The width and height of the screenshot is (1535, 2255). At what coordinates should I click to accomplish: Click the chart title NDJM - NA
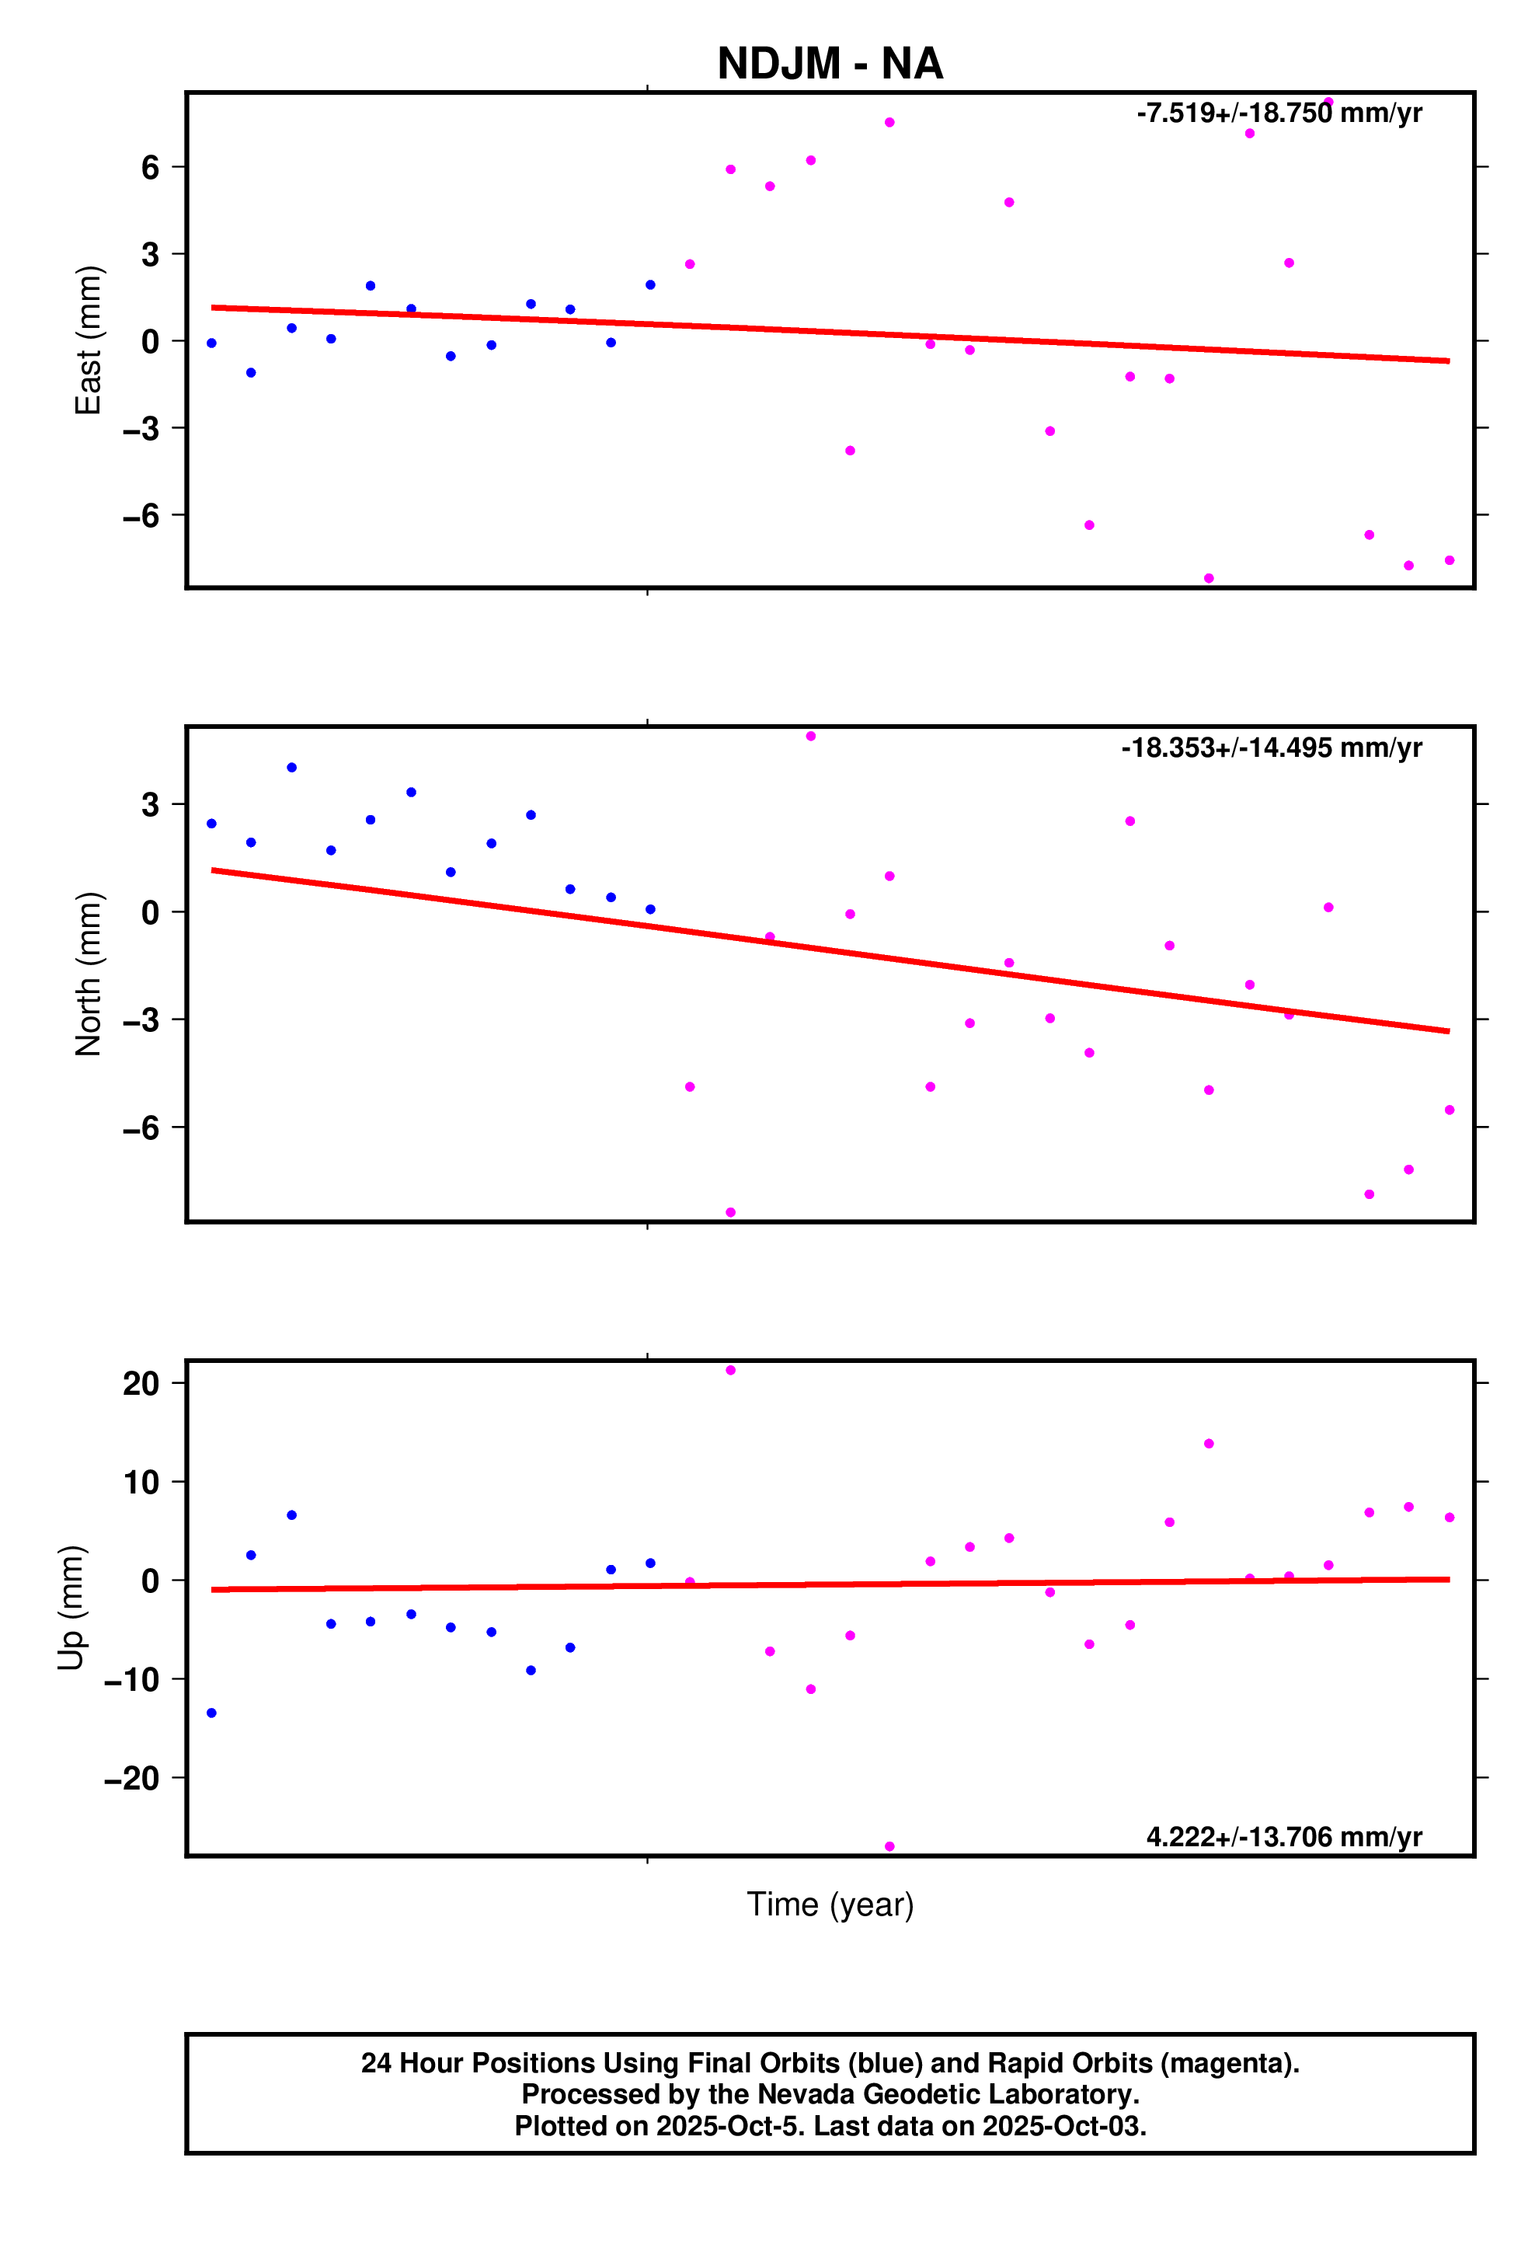830,64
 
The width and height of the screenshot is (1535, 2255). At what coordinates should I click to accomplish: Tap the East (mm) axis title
89,340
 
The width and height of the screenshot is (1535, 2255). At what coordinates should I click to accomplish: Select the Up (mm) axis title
71,1607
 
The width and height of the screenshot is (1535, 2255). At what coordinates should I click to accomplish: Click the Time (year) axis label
830,1905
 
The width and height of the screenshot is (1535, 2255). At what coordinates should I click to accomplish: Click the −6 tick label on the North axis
141,1127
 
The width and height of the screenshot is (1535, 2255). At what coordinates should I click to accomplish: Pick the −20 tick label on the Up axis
132,1779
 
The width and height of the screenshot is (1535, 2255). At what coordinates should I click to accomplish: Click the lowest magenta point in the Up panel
889,1846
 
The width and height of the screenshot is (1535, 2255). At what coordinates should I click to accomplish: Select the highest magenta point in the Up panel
731,1370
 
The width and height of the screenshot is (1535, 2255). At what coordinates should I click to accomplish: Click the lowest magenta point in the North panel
731,1212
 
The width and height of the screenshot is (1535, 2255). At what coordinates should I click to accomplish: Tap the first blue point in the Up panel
211,1713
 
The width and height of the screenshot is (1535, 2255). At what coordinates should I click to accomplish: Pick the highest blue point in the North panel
291,768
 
